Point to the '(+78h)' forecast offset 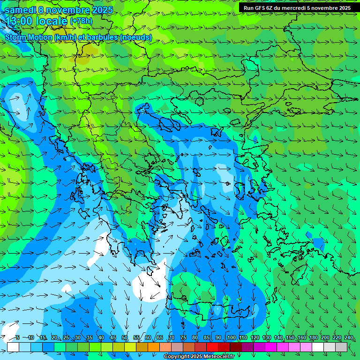tap(81, 21)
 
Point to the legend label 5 tap(17, 337)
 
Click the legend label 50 tap(125, 337)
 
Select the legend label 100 tap(231, 337)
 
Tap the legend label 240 tap(348, 337)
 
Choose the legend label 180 tap(313, 337)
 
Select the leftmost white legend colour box tap(13, 347)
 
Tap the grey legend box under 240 tap(341, 347)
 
